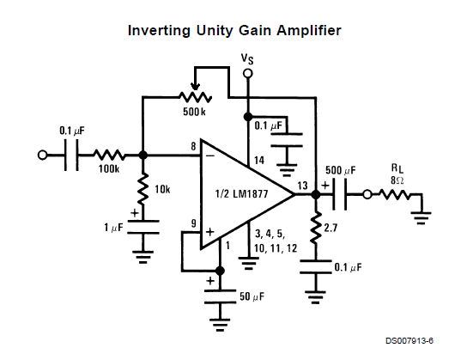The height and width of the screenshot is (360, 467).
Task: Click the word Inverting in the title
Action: tap(159, 31)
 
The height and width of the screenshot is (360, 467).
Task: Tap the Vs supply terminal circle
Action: tap(247, 73)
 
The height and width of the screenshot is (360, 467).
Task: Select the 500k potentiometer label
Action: tap(194, 112)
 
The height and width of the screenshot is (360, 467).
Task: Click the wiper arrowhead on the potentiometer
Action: tap(196, 87)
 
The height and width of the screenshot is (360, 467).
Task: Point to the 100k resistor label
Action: tap(109, 169)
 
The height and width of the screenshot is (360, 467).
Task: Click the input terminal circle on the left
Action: tap(42, 156)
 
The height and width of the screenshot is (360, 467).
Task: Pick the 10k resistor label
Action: tap(162, 189)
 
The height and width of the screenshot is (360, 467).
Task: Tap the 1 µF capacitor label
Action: tap(113, 228)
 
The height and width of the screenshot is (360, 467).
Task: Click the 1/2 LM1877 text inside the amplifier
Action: tap(241, 194)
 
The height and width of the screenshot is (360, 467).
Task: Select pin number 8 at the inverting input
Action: tap(194, 146)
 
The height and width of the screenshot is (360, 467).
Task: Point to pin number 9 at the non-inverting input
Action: tap(194, 223)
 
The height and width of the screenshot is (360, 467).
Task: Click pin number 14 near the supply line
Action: tap(258, 161)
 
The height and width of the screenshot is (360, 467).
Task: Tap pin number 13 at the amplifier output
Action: tap(302, 186)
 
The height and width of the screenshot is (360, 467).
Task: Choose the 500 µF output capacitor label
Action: tap(341, 170)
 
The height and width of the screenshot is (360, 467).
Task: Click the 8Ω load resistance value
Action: tap(397, 180)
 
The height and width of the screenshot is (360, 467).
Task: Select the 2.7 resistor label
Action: tap(331, 228)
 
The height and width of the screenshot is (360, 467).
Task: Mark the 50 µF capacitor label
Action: tap(252, 296)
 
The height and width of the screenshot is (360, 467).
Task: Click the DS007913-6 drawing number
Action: tap(409, 340)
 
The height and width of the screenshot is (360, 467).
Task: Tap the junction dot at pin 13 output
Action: tap(316, 194)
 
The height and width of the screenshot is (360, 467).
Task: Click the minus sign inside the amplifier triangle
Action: tap(210, 156)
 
